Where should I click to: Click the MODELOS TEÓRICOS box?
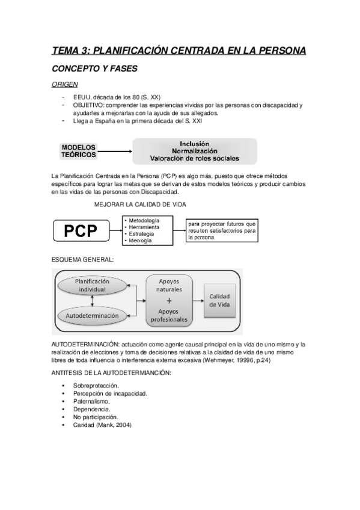pyautogui.click(x=78, y=151)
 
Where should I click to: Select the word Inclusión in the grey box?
pyautogui.click(x=194, y=144)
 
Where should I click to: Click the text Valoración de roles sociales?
pyautogui.click(x=194, y=159)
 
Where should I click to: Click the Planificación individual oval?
pyautogui.click(x=93, y=285)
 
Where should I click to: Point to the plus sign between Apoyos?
pyautogui.click(x=169, y=301)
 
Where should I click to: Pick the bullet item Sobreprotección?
pyautogui.click(x=96, y=385)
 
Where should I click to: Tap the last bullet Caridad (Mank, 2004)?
pyautogui.click(x=102, y=425)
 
